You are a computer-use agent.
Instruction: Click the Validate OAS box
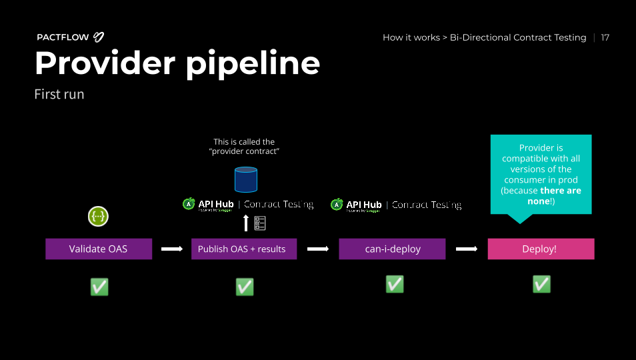(99, 249)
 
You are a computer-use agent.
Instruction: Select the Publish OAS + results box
(243, 249)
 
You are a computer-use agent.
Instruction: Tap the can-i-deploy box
(392, 249)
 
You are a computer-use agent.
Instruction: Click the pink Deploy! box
(541, 249)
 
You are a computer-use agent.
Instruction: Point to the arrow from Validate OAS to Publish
(171, 249)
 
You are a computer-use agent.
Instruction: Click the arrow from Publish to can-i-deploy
(318, 249)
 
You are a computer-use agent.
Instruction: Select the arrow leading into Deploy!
(467, 249)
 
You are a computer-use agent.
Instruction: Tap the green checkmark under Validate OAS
(99, 287)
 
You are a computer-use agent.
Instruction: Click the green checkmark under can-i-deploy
(395, 284)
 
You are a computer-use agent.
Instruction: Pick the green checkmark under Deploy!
(541, 284)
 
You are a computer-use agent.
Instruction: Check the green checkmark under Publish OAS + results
(245, 287)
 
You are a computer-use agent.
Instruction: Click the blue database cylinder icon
(246, 180)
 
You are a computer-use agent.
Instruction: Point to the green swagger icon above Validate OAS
(98, 216)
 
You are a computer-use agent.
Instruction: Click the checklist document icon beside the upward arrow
(260, 223)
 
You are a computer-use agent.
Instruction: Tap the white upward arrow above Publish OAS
(246, 223)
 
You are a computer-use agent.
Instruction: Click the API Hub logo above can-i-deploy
(357, 205)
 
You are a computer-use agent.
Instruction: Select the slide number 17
(605, 37)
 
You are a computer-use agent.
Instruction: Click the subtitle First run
(59, 94)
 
